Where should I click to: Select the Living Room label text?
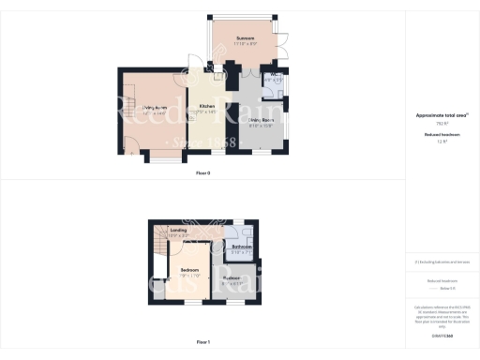point(155,108)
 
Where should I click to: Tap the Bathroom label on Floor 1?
point(242,247)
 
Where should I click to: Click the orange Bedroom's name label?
point(190,269)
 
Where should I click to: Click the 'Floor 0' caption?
point(203,173)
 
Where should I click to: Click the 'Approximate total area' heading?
point(442,115)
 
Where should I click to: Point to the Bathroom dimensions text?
point(242,252)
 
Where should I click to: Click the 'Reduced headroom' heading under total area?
point(442,135)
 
